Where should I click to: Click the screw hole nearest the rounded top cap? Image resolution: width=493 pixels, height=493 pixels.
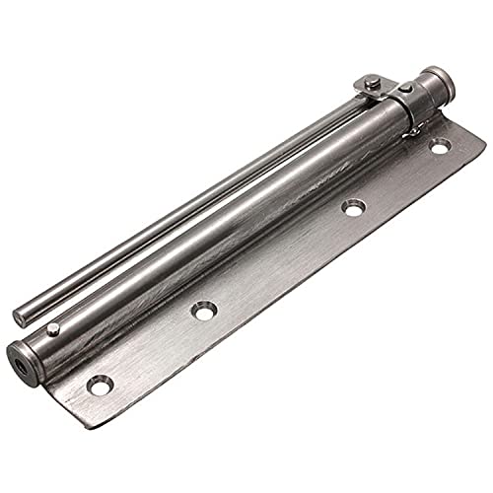point(440,146)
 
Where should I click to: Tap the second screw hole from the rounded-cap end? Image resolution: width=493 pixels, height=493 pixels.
point(352,207)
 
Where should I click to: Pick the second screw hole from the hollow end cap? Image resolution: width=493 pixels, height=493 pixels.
point(203,312)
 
